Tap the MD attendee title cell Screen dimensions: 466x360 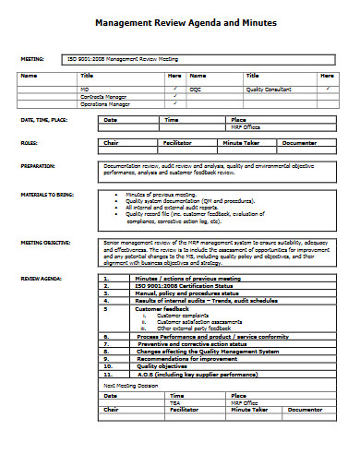[x=84, y=88]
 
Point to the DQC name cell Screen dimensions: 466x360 [x=195, y=88]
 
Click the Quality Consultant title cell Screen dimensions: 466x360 [x=269, y=88]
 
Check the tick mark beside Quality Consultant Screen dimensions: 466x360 [x=328, y=88]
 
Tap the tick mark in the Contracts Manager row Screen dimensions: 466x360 [x=174, y=96]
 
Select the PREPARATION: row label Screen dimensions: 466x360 [x=38, y=166]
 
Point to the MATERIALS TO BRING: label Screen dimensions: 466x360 [x=45, y=195]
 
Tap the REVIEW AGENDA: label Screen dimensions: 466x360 [x=40, y=277]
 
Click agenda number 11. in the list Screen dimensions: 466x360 [x=108, y=375]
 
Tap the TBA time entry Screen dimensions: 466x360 [x=174, y=402]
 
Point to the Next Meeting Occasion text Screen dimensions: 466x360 [x=128, y=385]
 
